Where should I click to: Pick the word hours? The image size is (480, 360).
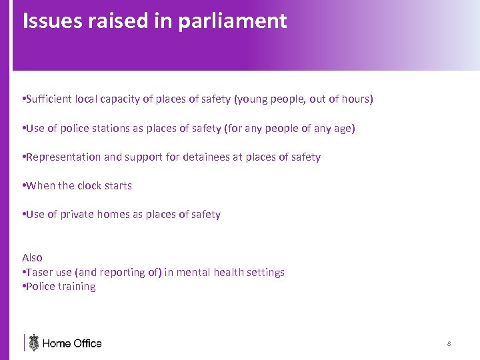point(357,99)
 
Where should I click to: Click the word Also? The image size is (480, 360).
point(32,257)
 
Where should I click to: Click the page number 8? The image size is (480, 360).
point(449,344)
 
